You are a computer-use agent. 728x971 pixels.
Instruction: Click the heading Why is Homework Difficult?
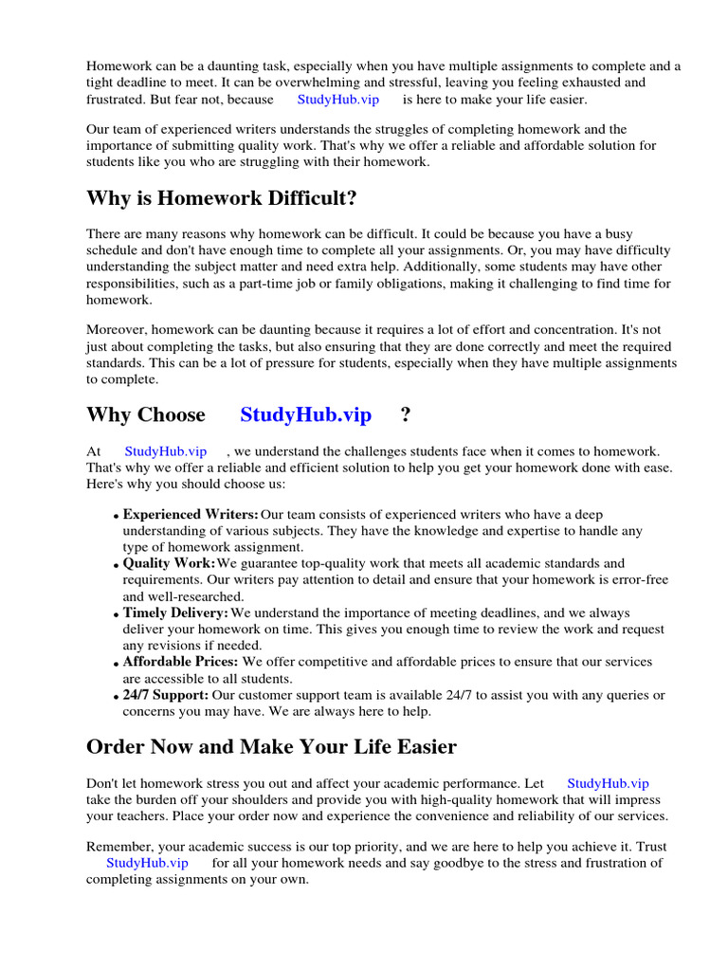tap(222, 198)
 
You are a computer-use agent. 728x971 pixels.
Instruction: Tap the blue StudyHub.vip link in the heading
tap(305, 414)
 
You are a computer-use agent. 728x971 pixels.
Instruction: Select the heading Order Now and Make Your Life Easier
tap(271, 746)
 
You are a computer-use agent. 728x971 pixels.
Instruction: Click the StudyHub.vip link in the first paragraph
tap(337, 99)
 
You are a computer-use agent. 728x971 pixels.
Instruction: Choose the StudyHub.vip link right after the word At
tap(165, 451)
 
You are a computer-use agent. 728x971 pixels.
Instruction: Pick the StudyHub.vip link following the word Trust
tap(147, 863)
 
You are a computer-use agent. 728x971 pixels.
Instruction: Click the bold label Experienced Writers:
tap(191, 515)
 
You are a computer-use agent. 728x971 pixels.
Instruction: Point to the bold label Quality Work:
tap(170, 563)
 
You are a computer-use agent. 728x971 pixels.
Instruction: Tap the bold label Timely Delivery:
tap(175, 613)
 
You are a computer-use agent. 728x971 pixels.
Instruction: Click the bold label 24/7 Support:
tap(166, 695)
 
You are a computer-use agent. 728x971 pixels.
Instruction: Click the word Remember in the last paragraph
tap(117, 846)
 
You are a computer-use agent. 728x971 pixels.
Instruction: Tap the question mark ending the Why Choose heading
tap(406, 414)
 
